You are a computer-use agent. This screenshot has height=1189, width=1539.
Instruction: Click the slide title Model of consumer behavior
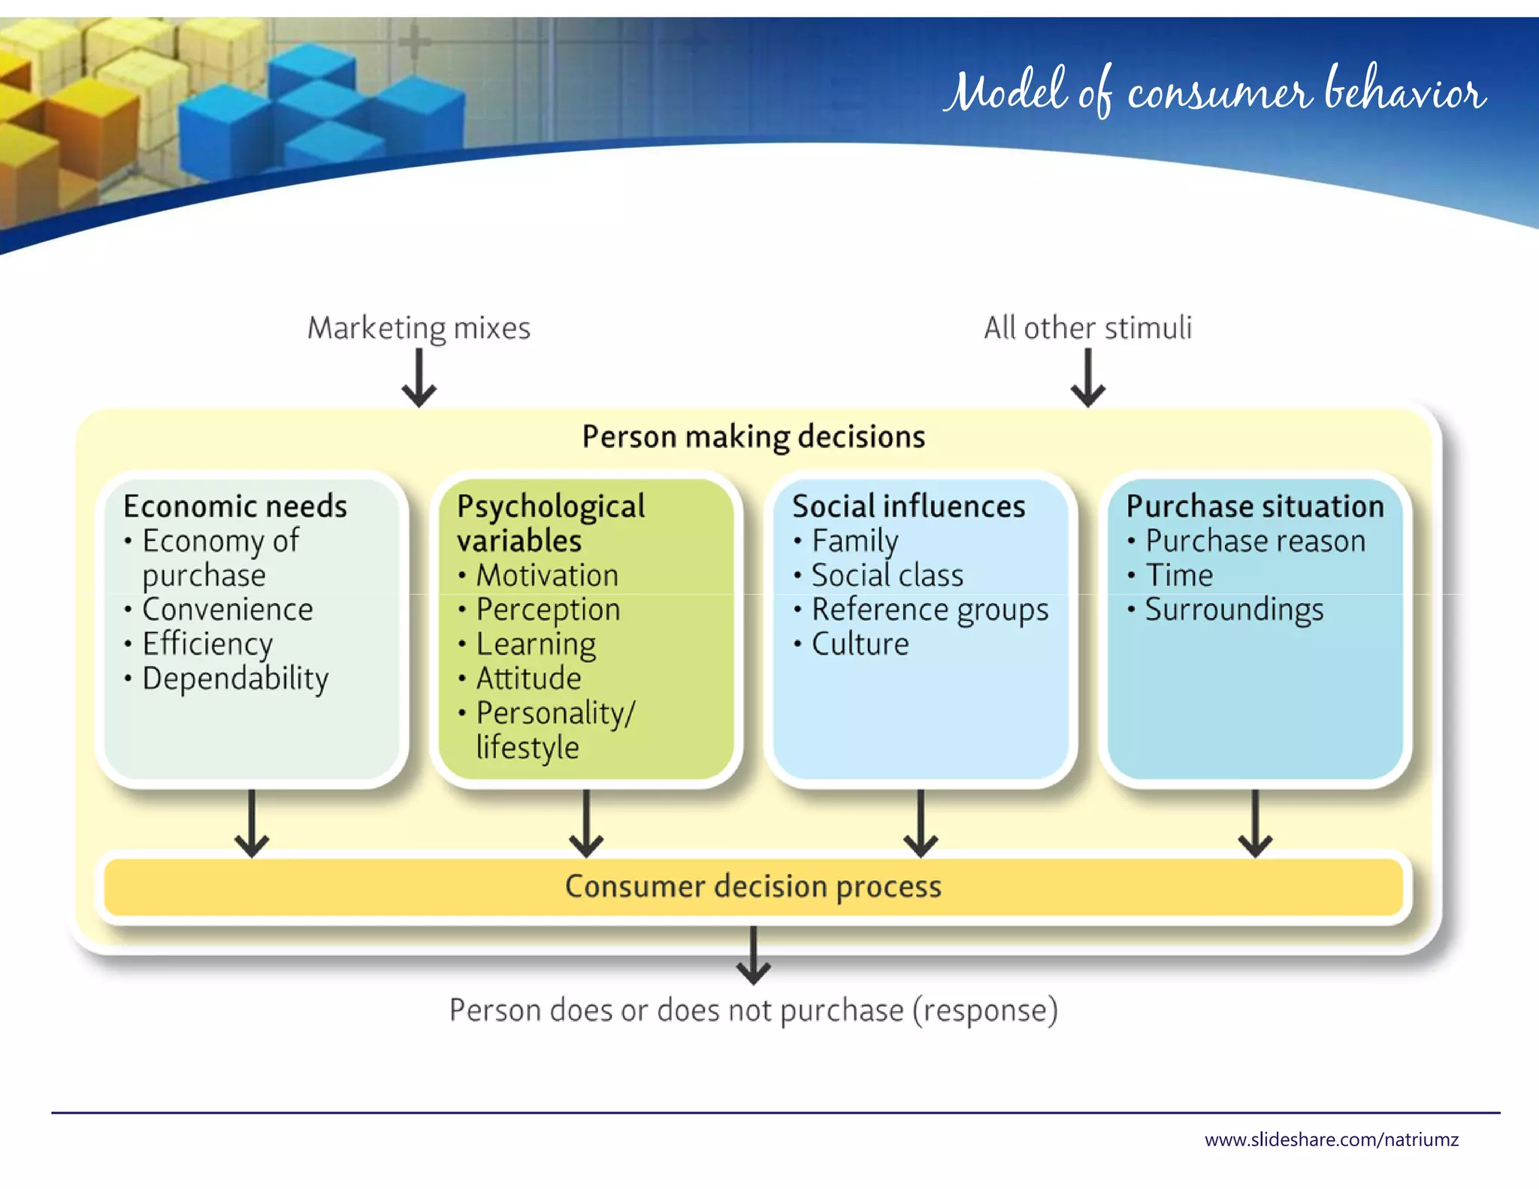coord(1214,92)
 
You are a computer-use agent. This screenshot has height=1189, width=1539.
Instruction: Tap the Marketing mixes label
coord(419,328)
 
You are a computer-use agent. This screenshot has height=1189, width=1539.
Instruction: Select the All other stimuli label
coord(1087,328)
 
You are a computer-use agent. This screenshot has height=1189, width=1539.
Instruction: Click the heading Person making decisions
coord(753,437)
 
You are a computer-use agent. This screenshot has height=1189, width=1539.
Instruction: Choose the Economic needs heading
coord(235,507)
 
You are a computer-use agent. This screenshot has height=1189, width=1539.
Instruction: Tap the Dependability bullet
coord(235,679)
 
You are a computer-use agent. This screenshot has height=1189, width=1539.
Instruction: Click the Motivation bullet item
coord(547,576)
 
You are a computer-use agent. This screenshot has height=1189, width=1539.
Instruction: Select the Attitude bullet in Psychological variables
coord(528,679)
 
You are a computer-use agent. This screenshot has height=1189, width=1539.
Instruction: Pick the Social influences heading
coord(908,507)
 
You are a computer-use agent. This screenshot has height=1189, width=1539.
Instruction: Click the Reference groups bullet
coord(930,610)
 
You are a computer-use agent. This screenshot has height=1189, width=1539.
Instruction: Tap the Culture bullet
coord(860,644)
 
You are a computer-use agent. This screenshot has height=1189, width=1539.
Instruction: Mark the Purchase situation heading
coord(1254,507)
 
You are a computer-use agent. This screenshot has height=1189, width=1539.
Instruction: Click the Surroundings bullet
coord(1234,610)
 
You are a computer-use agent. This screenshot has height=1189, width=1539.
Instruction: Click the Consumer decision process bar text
coord(753,887)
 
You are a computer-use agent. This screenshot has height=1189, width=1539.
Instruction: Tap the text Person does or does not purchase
coord(753,1010)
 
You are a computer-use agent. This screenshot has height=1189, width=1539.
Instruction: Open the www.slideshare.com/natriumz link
coord(1331,1140)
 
